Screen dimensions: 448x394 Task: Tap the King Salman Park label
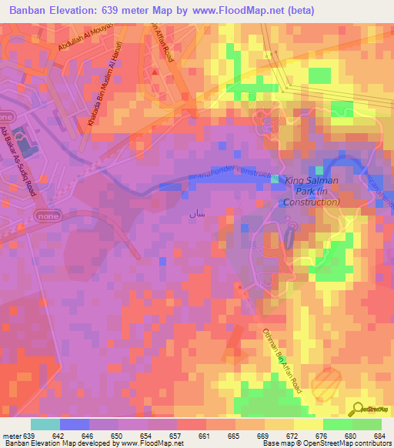click(x=312, y=191)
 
